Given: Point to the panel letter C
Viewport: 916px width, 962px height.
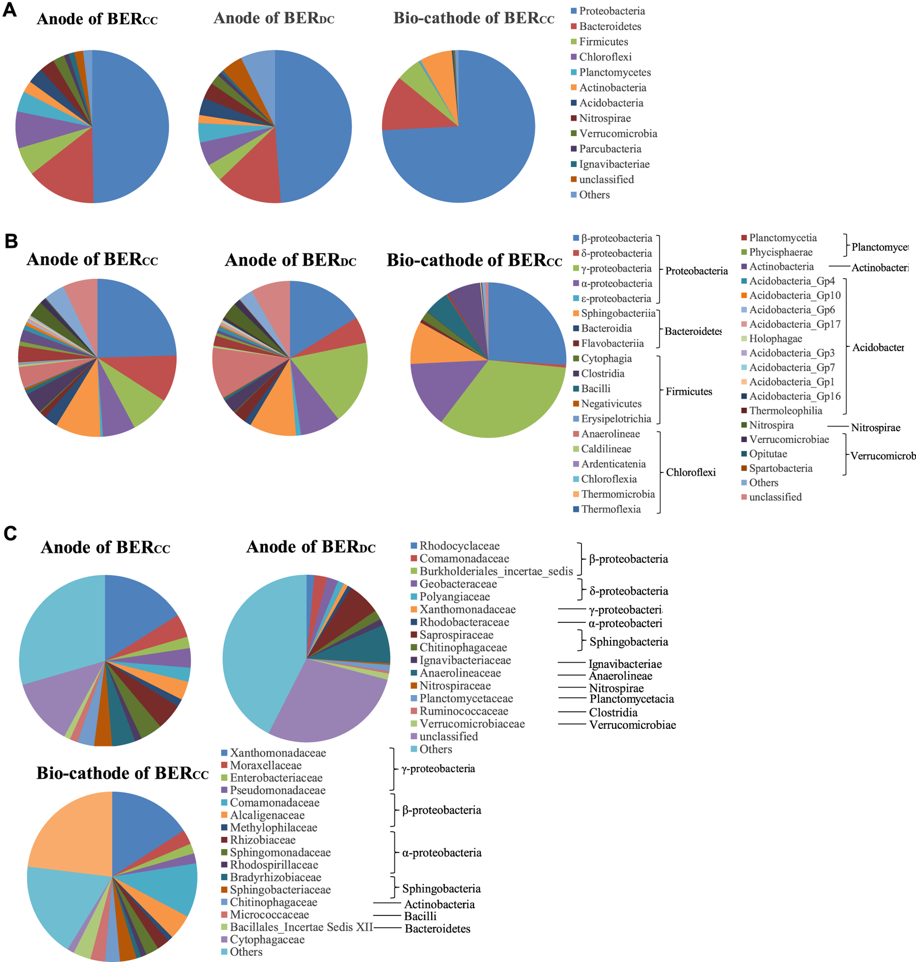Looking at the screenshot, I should pos(10,533).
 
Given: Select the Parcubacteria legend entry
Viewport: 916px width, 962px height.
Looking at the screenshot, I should pos(610,149).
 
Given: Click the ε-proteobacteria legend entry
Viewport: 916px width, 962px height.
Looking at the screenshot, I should pos(616,299).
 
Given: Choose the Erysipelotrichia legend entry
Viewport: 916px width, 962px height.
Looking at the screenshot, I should pos(616,419).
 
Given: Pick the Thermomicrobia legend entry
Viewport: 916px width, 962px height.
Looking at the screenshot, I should pos(618,494).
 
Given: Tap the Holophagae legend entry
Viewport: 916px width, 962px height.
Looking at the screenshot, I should pos(775,339).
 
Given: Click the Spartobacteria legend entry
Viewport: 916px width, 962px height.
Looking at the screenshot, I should pos(781,468).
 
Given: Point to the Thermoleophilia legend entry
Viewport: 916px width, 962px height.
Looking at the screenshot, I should pos(785,411).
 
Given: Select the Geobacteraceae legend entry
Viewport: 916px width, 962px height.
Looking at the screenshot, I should pos(457,584).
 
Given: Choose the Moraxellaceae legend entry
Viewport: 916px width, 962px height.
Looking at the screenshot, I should pos(265,765).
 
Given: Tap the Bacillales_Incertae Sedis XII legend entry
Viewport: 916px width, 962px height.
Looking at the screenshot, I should pos(301,927).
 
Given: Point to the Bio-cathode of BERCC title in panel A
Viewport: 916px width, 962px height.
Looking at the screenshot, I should pos(474,18).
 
